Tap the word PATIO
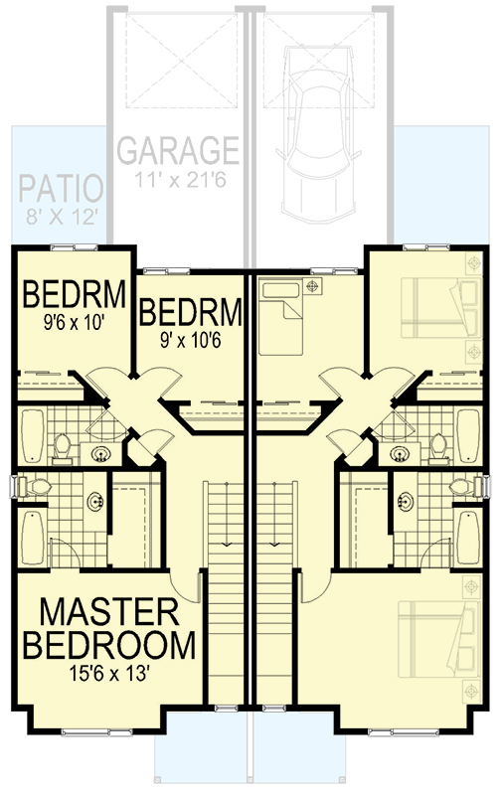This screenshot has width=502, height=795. (59, 189)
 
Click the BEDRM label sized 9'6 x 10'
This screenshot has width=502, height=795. (75, 295)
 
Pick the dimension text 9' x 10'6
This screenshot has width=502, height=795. (191, 339)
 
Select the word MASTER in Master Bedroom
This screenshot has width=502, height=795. (108, 611)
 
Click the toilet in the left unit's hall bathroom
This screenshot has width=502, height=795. (62, 447)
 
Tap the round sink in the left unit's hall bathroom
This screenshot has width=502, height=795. (100, 456)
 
